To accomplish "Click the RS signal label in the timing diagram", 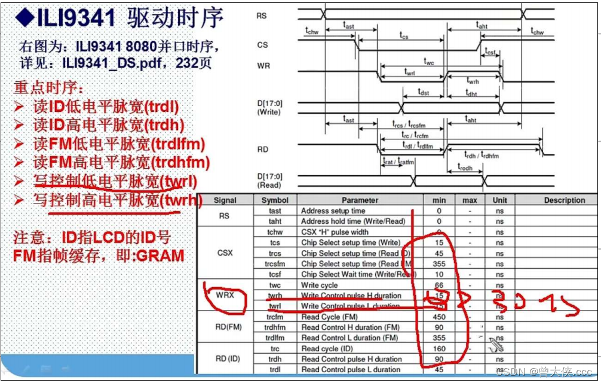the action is (261, 16).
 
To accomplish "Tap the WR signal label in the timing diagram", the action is (263, 65).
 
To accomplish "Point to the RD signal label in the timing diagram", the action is (262, 150).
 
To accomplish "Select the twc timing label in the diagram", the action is (429, 61).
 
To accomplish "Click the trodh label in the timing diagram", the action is (465, 168).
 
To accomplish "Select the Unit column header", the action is (499, 200).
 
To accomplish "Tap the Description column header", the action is (564, 200).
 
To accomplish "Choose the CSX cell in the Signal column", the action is (225, 253).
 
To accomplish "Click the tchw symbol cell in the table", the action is (275, 232).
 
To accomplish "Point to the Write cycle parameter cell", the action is (319, 285).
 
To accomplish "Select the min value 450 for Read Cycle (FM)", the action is (439, 317).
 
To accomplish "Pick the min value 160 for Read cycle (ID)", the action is (439, 349).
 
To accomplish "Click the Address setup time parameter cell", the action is (333, 211).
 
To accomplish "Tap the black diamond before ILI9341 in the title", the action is (23, 18).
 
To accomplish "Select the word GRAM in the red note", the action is (160, 256).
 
